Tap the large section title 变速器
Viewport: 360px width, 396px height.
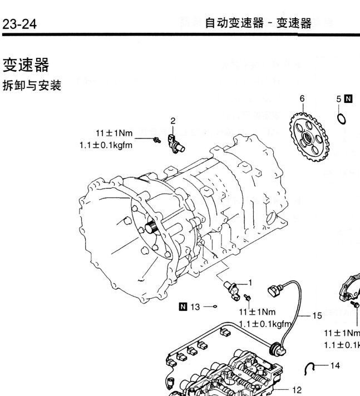click(26, 66)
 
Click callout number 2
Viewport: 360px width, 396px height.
click(173, 121)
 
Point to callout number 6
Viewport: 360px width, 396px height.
click(302, 98)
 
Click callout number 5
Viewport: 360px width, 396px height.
click(338, 99)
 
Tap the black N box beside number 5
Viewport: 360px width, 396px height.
click(348, 99)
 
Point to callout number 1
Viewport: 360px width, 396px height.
click(250, 282)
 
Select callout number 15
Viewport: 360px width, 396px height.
click(317, 315)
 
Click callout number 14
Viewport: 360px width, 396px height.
click(335, 365)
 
